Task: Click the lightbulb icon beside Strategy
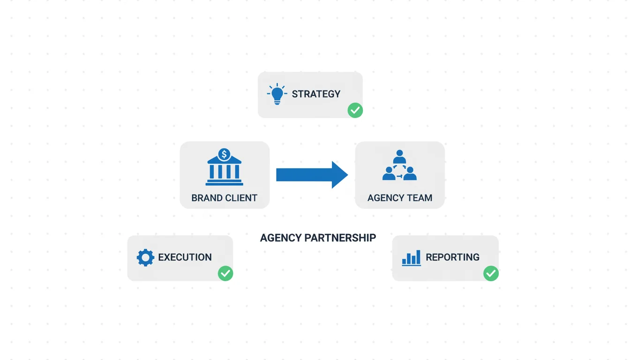[277, 94]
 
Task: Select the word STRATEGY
[316, 94]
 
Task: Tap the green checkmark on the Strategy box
[355, 110]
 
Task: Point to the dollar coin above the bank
[225, 154]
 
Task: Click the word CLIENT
[241, 198]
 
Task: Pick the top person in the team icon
[399, 156]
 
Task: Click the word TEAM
[420, 198]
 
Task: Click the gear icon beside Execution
[145, 257]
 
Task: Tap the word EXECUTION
[185, 257]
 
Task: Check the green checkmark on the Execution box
[225, 273]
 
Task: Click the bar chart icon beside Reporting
[412, 258]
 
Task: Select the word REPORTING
[452, 257]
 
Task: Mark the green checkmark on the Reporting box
[491, 273]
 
